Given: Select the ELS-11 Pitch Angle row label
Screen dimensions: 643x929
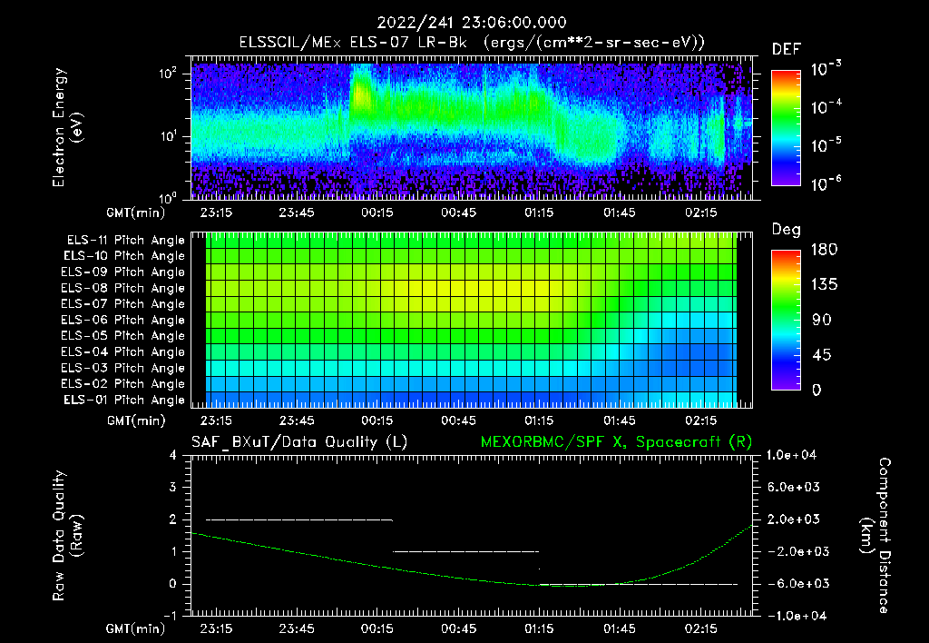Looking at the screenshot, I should point(125,241).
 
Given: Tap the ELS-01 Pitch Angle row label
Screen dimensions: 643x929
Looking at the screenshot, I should point(125,400).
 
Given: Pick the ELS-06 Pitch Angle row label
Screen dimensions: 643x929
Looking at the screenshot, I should point(125,320).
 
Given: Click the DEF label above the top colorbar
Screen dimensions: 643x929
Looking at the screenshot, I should point(785,49).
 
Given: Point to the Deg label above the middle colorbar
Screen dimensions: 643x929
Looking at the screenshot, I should point(785,230).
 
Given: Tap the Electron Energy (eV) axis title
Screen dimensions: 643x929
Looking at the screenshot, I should point(68,127).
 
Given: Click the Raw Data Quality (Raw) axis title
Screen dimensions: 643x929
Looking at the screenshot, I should point(68,536).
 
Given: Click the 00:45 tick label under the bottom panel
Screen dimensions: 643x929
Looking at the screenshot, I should point(458,628).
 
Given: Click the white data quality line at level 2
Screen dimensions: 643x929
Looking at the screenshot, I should point(299,519).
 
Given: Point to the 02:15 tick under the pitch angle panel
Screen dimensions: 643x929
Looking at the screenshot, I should point(701,420).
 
